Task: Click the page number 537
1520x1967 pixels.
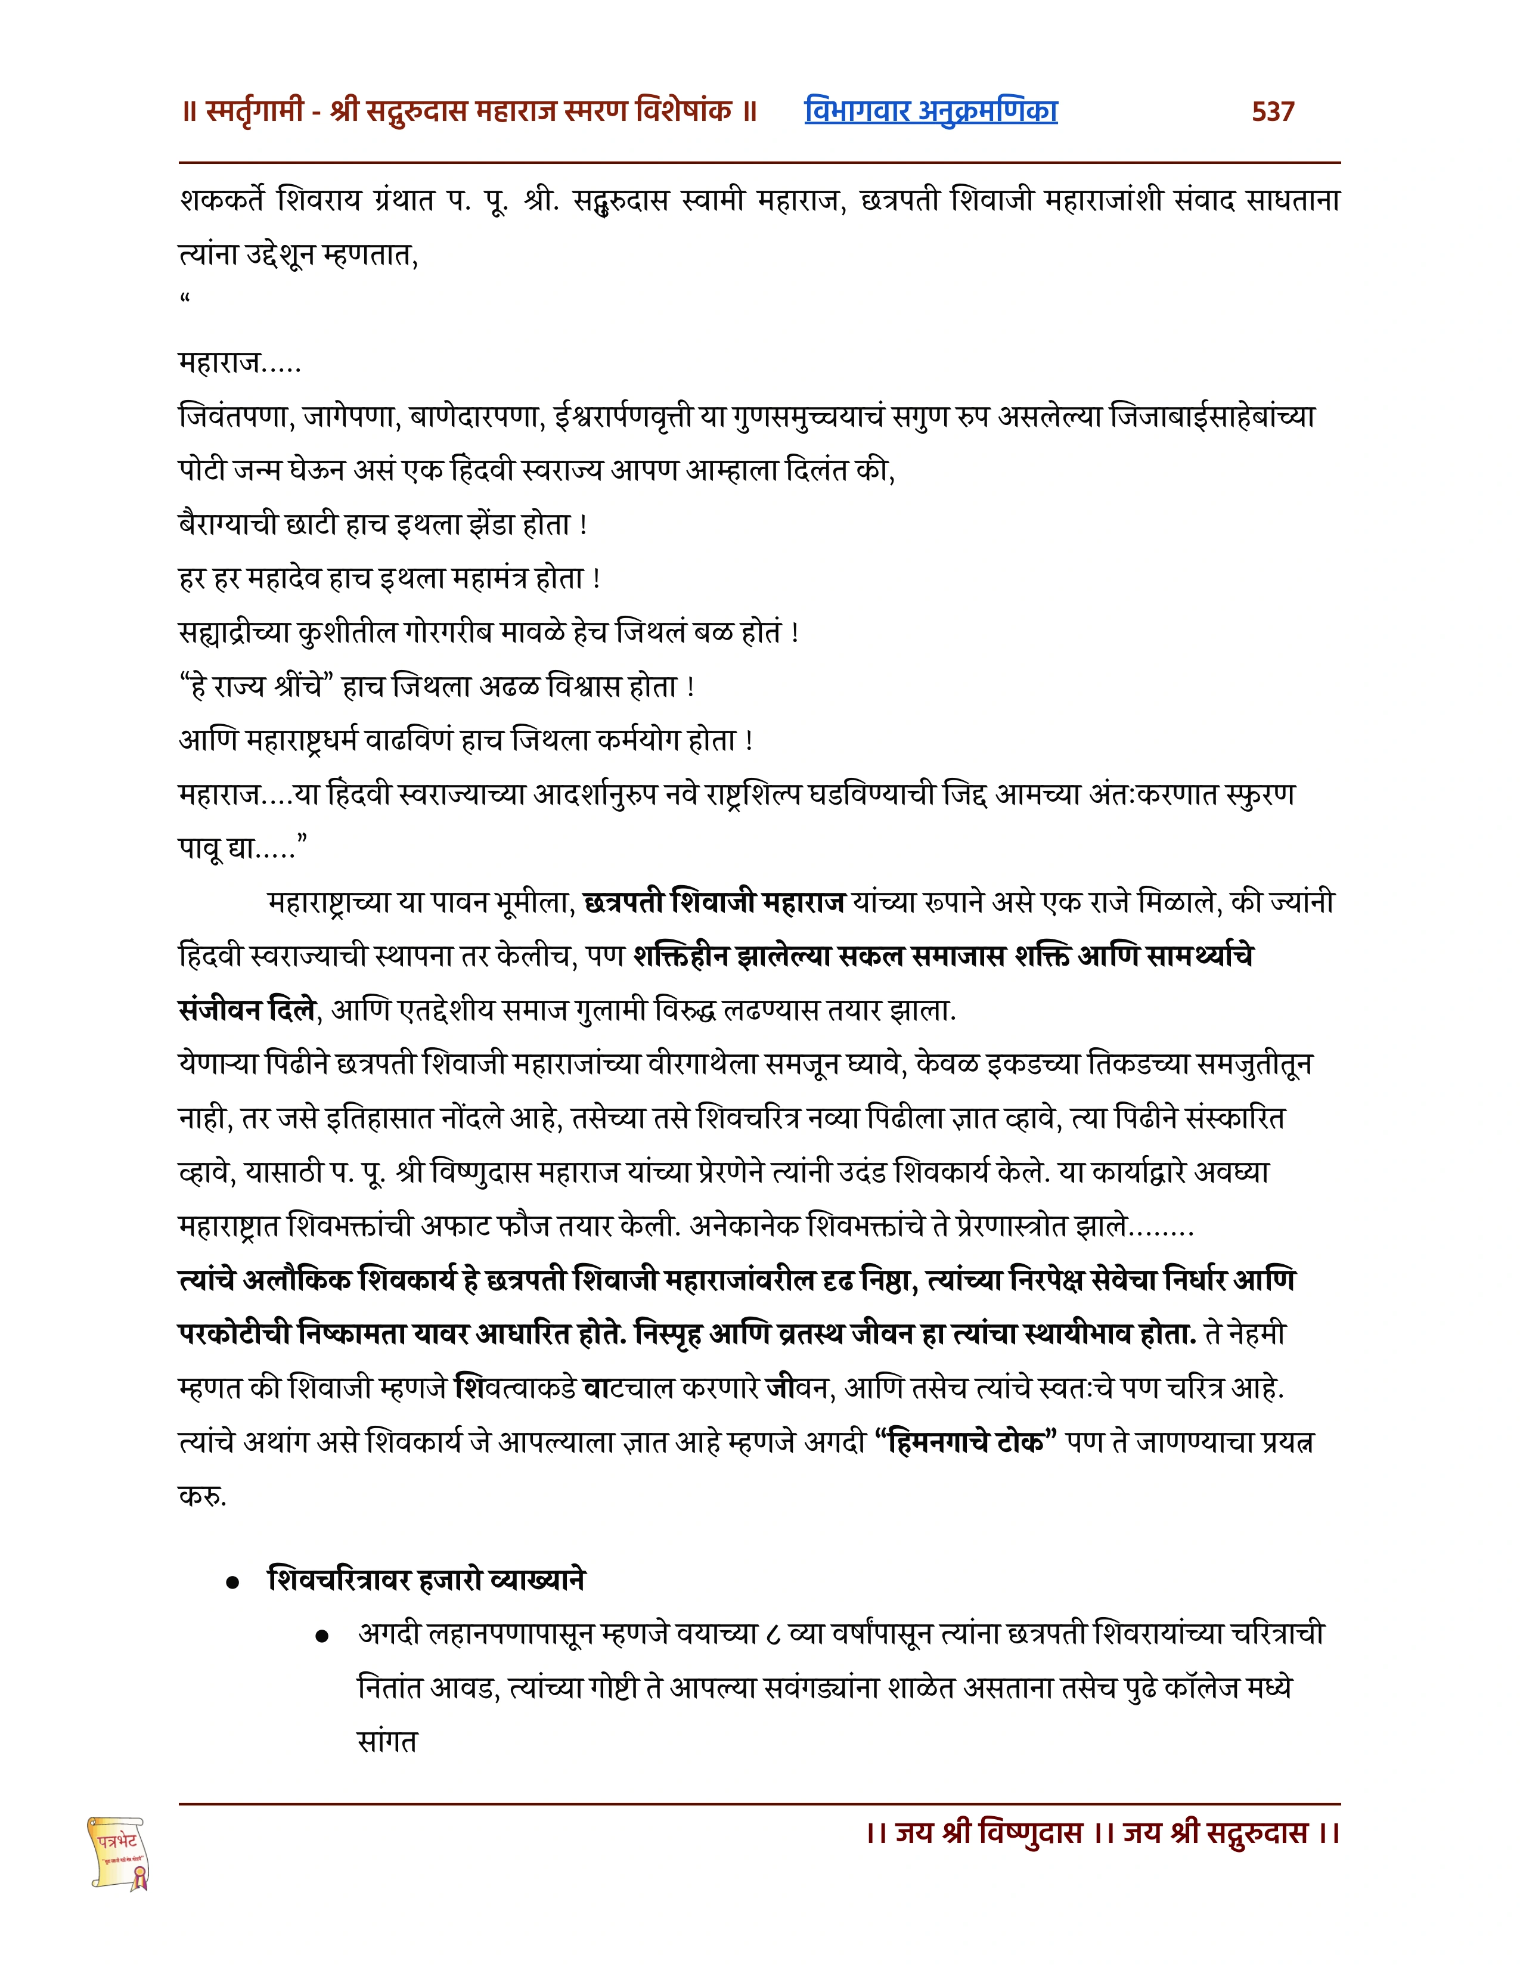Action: tap(1273, 111)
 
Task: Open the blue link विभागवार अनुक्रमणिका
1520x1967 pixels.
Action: tap(930, 111)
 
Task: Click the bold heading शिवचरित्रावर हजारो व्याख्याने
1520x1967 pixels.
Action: tap(427, 1580)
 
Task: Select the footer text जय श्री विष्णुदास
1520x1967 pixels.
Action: tap(988, 1832)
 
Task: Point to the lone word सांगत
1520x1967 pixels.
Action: tap(387, 1742)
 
